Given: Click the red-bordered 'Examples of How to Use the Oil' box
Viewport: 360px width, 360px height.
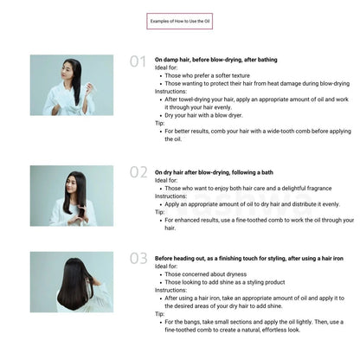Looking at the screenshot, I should point(179,20).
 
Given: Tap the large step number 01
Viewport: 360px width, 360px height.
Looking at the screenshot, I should point(138,61).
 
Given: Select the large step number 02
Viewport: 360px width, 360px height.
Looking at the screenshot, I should point(138,171).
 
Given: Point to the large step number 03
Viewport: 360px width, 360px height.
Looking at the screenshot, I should point(138,258).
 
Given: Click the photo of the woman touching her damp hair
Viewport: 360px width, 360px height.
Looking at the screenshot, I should point(72,85).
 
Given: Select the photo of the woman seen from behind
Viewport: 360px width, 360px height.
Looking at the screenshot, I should point(72,281).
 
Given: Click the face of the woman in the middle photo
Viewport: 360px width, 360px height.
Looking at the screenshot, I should point(76,183).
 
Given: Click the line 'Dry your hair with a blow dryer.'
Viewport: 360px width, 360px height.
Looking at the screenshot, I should point(205,115).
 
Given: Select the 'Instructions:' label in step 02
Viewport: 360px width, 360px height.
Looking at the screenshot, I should point(170,196).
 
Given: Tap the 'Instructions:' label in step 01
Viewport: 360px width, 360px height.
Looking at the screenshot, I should point(170,91).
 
